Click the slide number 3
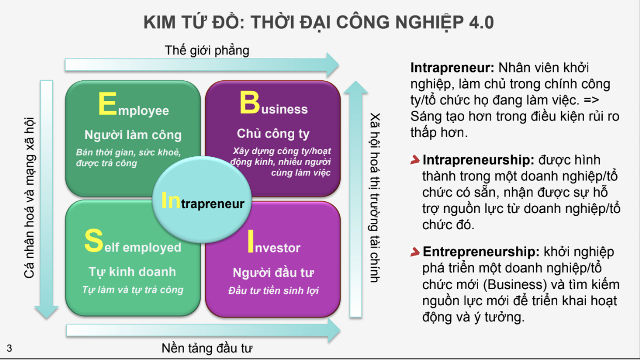click(x=9, y=348)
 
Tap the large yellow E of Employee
click(x=108, y=103)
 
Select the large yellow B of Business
click(x=249, y=102)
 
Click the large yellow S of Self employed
click(x=94, y=241)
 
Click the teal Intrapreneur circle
click(x=202, y=199)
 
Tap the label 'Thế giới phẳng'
click(x=207, y=50)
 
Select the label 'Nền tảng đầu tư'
click(x=207, y=348)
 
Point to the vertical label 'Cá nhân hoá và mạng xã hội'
click(x=29, y=198)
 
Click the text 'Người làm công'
click(x=133, y=135)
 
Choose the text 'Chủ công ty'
click(x=273, y=134)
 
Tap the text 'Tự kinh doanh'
click(x=132, y=272)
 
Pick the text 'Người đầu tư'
click(x=273, y=273)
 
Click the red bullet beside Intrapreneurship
click(x=415, y=160)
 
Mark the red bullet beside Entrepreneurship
click(x=415, y=251)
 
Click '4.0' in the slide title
click(x=481, y=22)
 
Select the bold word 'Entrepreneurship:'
click(x=481, y=251)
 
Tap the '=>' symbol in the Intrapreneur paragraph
click(x=591, y=100)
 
